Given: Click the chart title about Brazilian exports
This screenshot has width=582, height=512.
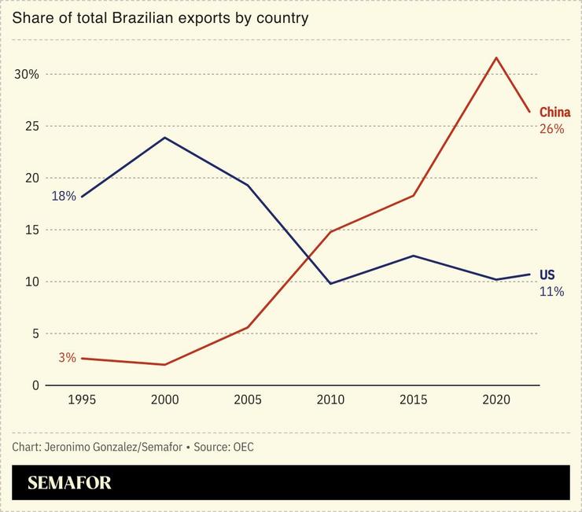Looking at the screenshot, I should (160, 17).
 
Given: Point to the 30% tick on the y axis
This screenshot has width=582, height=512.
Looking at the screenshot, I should (28, 75).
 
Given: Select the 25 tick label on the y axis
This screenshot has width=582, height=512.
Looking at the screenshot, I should (32, 127).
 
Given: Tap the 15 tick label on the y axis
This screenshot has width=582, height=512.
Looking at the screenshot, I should (32, 230).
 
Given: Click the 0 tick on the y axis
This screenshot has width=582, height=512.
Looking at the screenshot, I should (35, 385).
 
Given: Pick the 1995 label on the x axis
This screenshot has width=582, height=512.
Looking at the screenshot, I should (83, 400).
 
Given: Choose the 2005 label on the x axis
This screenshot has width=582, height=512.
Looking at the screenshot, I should (248, 400).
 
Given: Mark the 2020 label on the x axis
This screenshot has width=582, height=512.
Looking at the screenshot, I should (495, 400).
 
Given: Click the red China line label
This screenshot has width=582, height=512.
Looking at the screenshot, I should (554, 112).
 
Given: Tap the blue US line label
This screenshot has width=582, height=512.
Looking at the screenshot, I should (547, 275).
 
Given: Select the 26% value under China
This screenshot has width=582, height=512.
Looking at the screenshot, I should (551, 128).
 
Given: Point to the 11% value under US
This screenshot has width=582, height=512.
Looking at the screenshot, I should (551, 291).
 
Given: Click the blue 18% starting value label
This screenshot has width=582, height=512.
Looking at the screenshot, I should (64, 197).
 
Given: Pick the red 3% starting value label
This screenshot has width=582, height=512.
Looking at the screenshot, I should (67, 358).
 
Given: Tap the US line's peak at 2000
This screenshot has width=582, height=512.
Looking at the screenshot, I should (165, 138).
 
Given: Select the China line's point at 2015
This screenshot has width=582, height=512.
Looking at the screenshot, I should (414, 195).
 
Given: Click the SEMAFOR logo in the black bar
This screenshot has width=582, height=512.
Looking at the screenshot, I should (69, 483).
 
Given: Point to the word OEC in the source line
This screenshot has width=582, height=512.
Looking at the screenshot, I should (243, 447).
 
